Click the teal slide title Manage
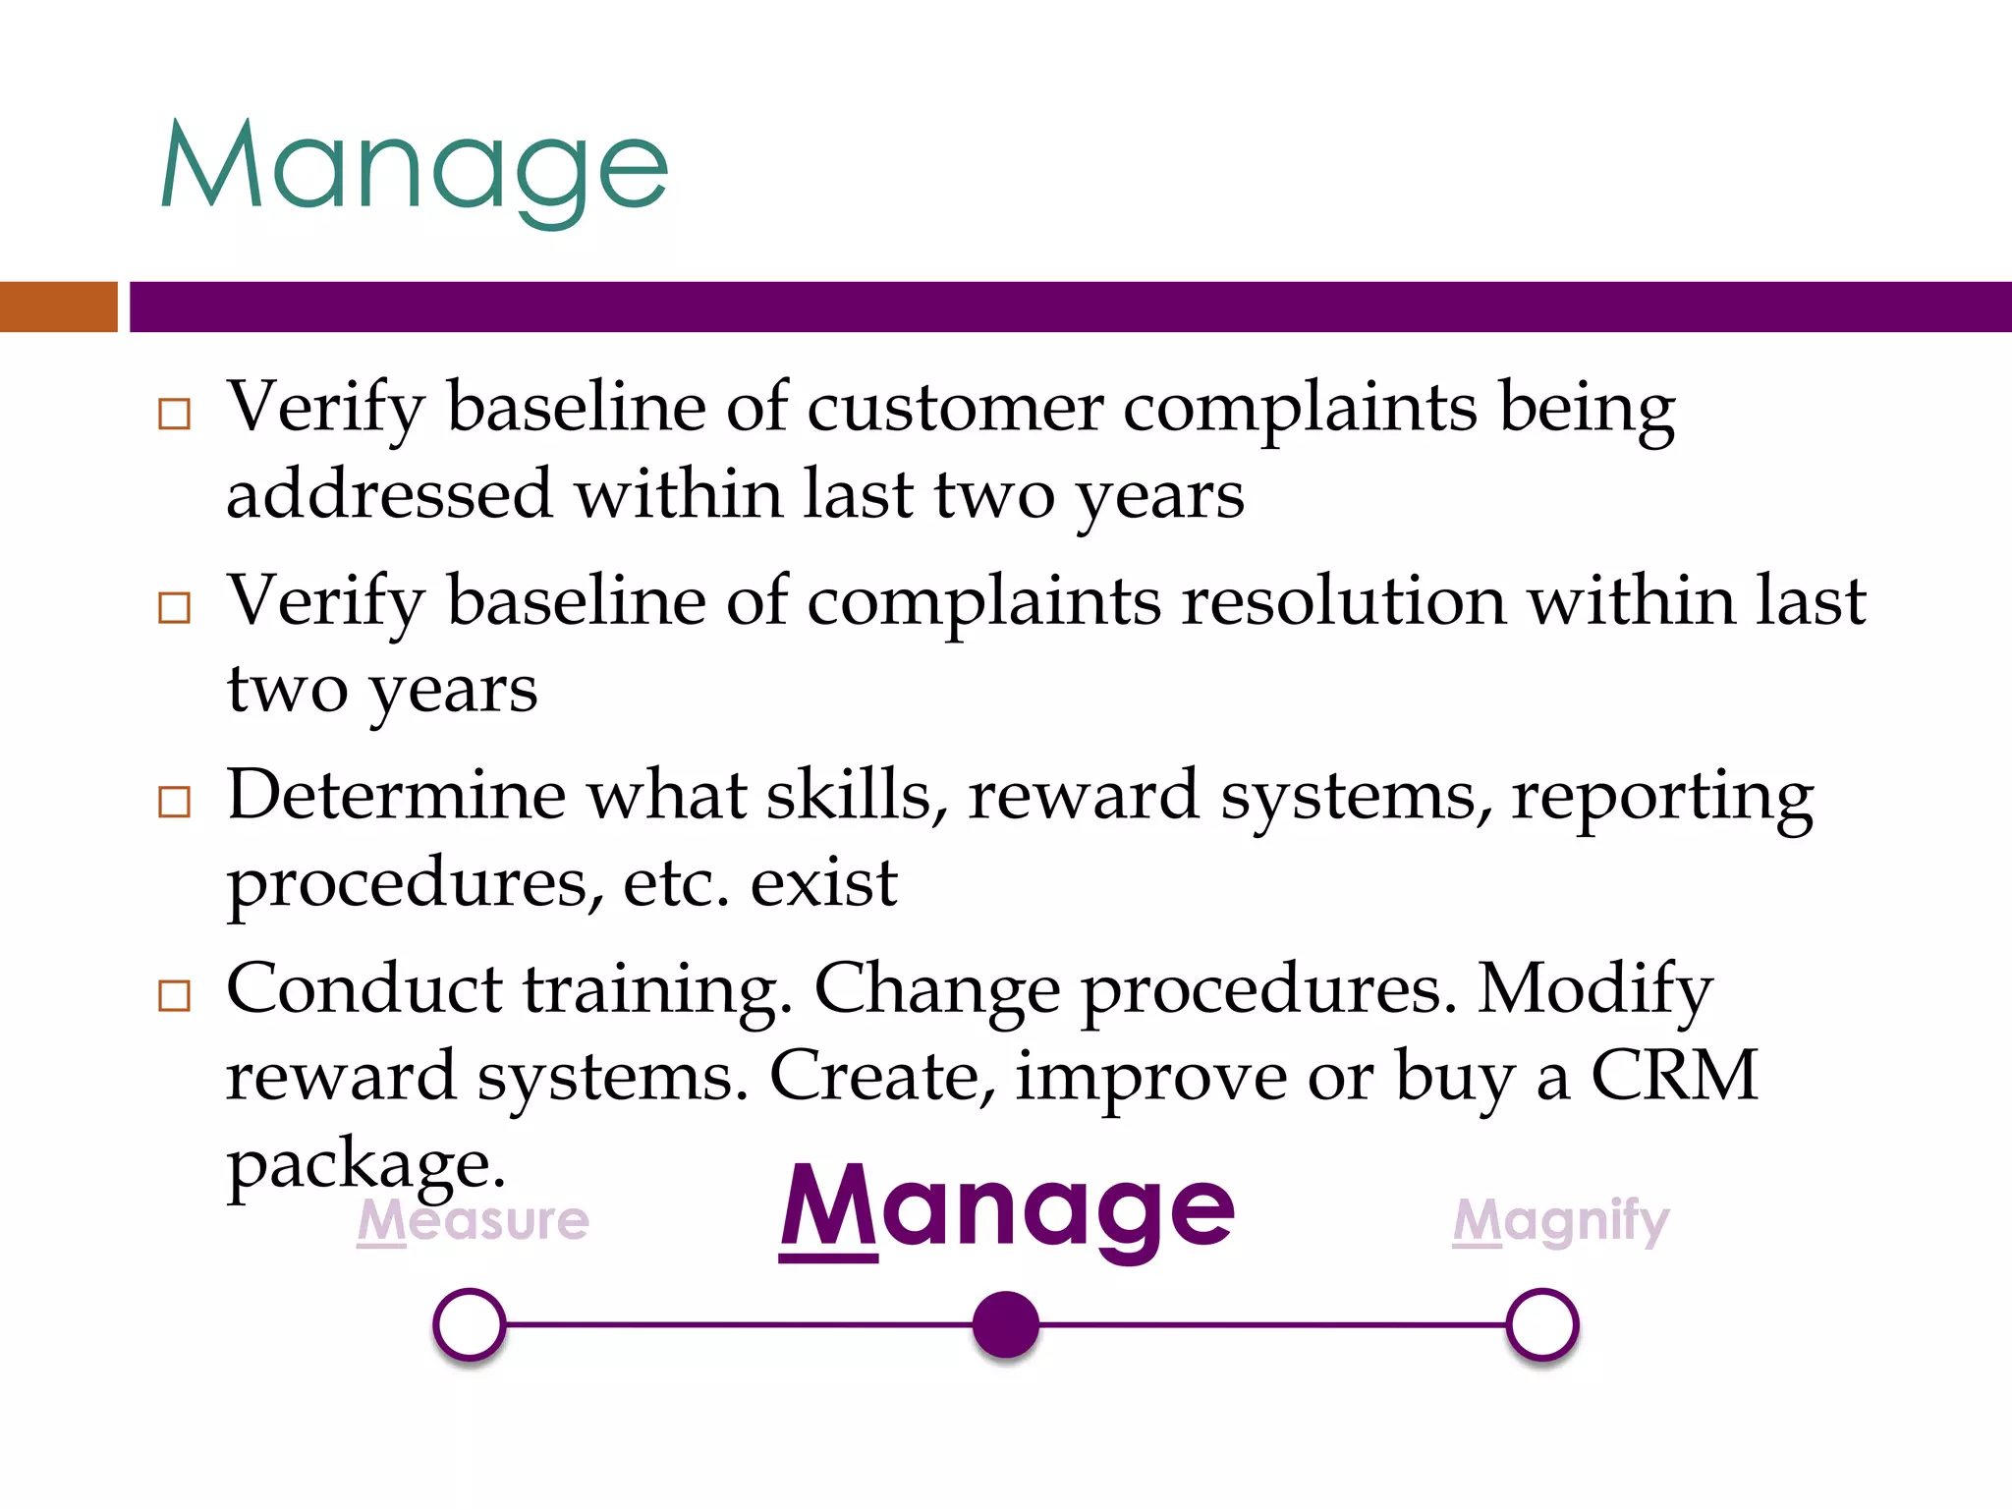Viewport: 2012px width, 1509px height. [414, 169]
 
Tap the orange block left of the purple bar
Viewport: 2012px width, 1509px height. [58, 307]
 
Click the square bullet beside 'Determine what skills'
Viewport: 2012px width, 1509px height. [174, 802]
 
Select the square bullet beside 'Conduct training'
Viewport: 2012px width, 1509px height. [174, 995]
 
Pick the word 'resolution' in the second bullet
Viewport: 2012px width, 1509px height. [1344, 600]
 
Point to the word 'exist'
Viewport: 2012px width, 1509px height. [823, 881]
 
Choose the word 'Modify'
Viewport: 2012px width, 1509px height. [1595, 990]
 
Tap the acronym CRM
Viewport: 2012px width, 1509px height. [1674, 1075]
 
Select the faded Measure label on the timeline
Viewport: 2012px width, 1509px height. [473, 1221]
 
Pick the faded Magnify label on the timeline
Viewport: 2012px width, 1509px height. [1561, 1221]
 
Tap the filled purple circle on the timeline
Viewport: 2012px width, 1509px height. [1006, 1324]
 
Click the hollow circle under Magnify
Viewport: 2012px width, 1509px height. [1542, 1324]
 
